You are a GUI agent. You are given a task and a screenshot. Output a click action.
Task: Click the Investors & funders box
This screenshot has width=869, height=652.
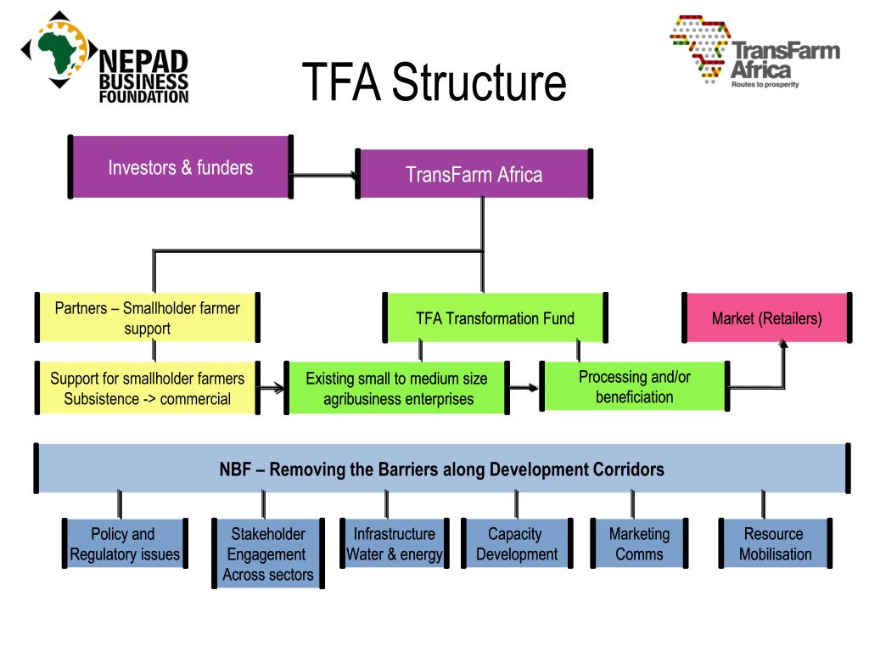pos(180,167)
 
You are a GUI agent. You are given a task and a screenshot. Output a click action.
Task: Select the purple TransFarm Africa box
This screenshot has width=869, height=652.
pos(474,174)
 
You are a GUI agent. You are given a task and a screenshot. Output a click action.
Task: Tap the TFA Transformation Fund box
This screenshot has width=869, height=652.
pos(495,318)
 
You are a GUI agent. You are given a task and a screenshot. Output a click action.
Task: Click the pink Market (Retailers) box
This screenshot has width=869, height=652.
pos(766,318)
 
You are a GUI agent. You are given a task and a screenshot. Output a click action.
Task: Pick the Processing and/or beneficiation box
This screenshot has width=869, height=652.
pos(634,387)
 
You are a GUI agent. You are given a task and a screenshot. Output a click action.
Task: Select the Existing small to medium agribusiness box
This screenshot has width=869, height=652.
pos(397,388)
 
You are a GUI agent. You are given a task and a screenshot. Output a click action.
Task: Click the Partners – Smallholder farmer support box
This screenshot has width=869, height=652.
pos(147,318)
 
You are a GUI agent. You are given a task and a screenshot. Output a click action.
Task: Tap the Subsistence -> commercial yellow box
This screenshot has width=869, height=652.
pos(147,388)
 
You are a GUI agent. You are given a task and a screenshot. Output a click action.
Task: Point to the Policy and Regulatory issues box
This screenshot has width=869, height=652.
pos(124,544)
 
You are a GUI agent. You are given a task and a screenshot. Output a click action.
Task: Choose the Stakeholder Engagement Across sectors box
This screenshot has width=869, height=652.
pos(267,554)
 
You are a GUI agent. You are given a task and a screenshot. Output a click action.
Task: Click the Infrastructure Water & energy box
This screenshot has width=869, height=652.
pos(394,544)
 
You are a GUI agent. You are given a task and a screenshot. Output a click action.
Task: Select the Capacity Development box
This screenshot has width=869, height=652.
pos(516,544)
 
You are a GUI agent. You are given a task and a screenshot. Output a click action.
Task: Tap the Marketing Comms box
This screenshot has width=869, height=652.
pos(639,544)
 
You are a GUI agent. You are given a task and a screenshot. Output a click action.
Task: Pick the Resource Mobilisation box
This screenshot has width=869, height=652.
pos(774,544)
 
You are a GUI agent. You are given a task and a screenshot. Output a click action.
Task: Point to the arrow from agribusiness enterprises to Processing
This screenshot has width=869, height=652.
pos(525,388)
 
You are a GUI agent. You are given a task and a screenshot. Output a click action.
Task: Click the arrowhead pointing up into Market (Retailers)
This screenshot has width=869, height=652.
pos(783,346)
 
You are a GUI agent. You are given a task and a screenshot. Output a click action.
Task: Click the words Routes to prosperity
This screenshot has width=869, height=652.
pos(765,84)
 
